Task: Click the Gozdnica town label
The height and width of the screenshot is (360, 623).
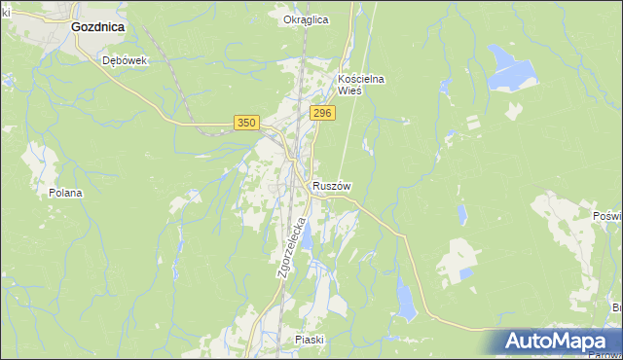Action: [x=97, y=27]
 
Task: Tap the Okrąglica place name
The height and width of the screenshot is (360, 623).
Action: [x=306, y=19]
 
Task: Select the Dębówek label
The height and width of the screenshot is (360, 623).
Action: [x=124, y=59]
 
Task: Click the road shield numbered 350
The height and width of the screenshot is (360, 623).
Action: [x=246, y=122]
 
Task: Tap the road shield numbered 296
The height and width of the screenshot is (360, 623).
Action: [x=323, y=114]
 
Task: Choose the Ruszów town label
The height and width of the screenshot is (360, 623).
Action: [x=332, y=186]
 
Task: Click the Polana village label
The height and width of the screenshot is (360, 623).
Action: [x=65, y=193]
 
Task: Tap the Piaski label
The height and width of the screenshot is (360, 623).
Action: [x=308, y=340]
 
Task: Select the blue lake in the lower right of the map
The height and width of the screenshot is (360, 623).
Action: [x=406, y=299]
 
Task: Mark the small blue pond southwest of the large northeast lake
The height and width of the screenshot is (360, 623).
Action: [x=450, y=134]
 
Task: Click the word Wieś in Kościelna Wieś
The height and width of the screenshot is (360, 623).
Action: [x=349, y=90]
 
